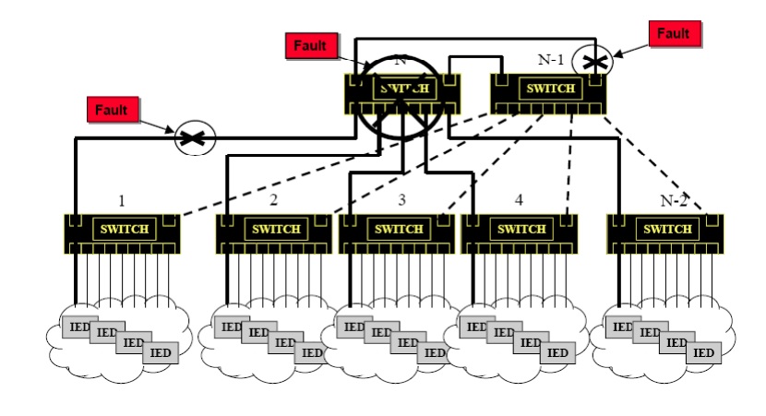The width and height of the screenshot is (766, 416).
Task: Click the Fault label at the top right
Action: coord(674,34)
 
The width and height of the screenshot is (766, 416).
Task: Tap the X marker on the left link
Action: coord(195,138)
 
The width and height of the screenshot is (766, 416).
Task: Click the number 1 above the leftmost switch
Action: coord(121,199)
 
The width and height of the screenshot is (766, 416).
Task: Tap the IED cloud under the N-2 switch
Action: coord(662,336)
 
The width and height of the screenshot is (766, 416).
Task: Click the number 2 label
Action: coord(274,199)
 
